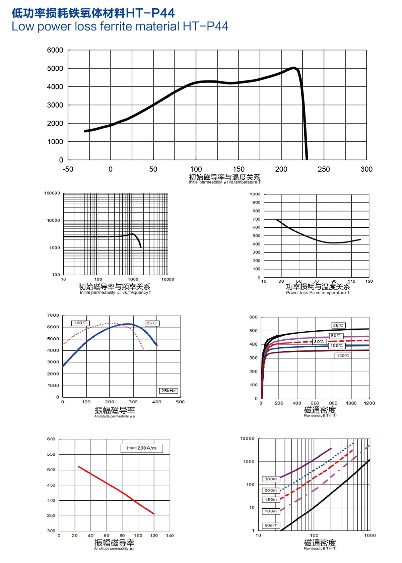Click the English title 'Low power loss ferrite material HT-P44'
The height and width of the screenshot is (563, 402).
[x=120, y=26]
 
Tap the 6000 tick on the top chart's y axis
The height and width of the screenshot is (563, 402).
[x=55, y=50]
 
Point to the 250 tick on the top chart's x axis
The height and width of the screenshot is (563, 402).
[x=324, y=169]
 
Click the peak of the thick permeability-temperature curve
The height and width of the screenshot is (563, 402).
[x=294, y=68]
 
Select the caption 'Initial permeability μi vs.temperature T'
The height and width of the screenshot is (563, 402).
[x=224, y=182]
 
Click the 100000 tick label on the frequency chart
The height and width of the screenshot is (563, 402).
[x=52, y=193]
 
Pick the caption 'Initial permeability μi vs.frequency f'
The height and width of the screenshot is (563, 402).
[x=115, y=293]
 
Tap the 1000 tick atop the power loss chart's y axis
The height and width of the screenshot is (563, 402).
[x=255, y=194]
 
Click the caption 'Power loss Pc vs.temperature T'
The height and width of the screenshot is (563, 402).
[x=318, y=293]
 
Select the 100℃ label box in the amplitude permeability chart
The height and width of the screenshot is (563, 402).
[x=80, y=323]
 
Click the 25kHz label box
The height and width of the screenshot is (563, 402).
[x=168, y=391]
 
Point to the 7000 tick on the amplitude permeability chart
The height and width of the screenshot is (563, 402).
[x=53, y=315]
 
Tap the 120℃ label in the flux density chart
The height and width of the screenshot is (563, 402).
[x=343, y=355]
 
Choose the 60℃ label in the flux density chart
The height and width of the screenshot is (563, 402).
[x=335, y=336]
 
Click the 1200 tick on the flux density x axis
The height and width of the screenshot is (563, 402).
[x=369, y=403]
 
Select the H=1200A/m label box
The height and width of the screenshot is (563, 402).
[x=141, y=448]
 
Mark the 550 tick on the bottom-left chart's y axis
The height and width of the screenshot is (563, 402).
[x=51, y=454]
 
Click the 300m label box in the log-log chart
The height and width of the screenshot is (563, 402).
[x=271, y=479]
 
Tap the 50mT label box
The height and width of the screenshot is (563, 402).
[x=271, y=525]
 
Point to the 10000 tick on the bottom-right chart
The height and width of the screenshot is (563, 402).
[x=247, y=439]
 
